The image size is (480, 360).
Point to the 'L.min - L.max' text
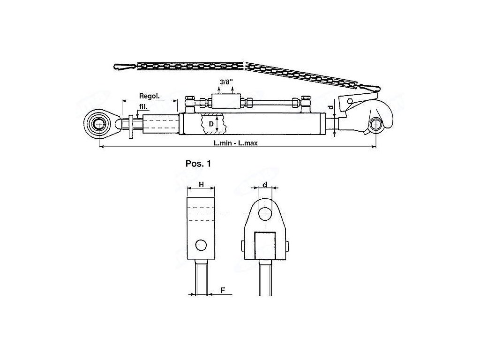click(x=236, y=143)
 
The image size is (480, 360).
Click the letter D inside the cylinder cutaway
click(x=211, y=125)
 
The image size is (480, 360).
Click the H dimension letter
click(x=201, y=185)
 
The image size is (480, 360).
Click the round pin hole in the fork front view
click(x=265, y=213)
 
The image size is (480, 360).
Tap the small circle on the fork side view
click(x=201, y=245)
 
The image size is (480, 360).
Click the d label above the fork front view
click(x=265, y=185)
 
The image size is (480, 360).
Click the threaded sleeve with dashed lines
click(x=160, y=125)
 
